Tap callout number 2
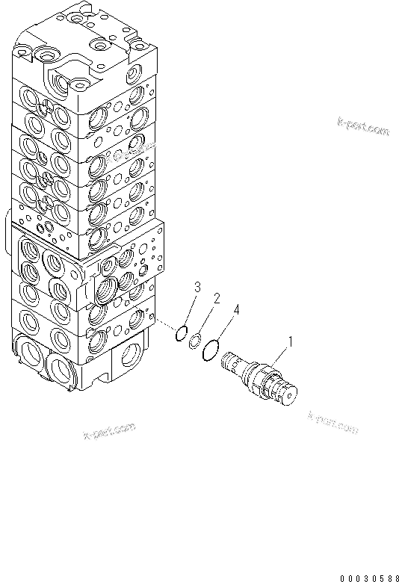tap(216, 299)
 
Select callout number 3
tap(197, 287)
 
